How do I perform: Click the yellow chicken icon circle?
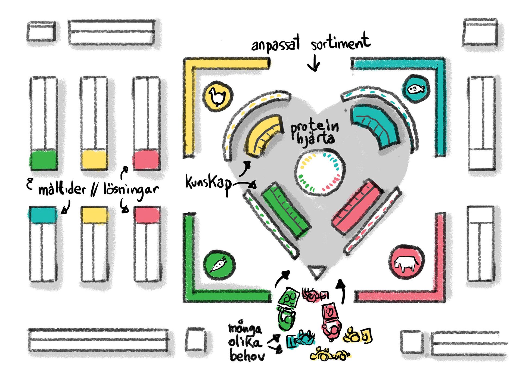pos(218,96)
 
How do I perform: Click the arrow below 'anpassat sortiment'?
pos(314,63)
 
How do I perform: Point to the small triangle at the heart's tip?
pos(317,272)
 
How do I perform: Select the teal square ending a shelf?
pos(43,215)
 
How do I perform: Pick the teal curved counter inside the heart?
pos(375,125)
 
